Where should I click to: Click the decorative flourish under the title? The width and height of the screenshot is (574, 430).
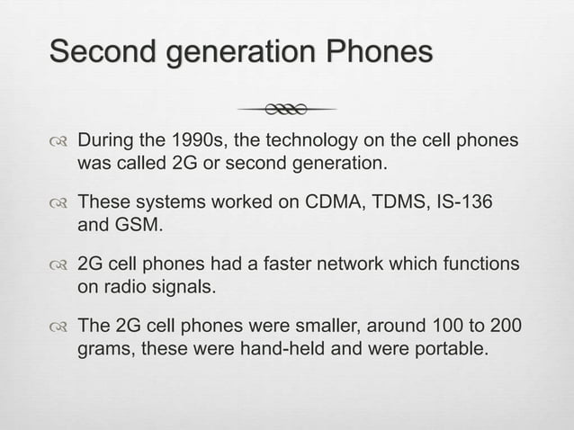point(287,109)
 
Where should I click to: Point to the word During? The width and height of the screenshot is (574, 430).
point(104,141)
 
